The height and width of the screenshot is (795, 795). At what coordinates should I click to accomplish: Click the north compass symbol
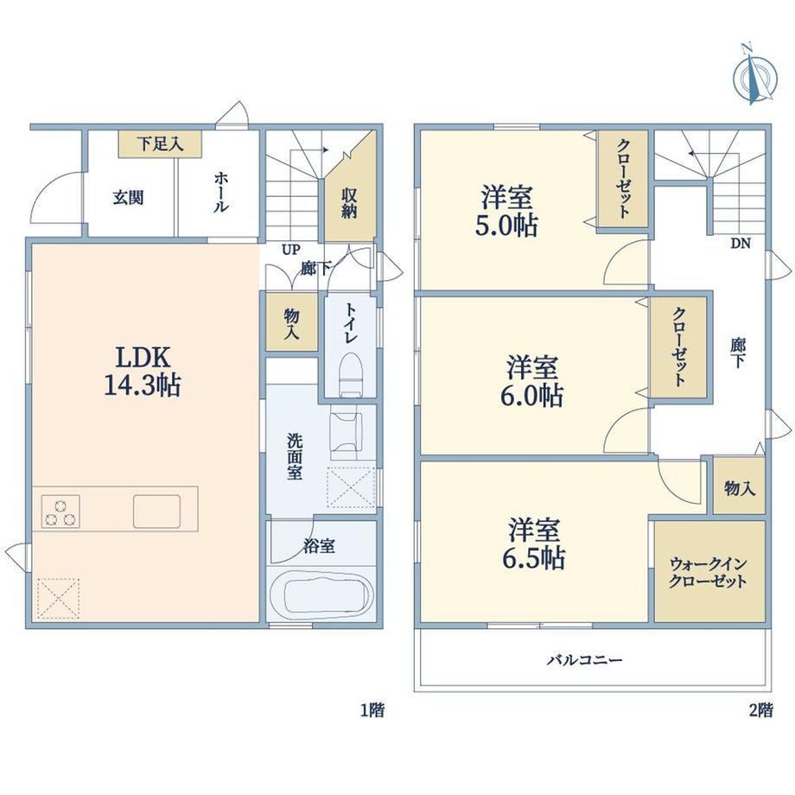pos(754,76)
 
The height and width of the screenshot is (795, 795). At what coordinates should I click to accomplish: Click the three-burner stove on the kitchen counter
pos(60,512)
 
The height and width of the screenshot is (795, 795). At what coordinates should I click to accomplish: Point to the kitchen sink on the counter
pos(156,511)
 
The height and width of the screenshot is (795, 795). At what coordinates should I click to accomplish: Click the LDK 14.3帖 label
pos(143,371)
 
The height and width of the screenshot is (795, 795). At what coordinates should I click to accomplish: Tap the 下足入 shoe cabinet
pos(160,144)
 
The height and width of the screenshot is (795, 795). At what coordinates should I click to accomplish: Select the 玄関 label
pos(128,197)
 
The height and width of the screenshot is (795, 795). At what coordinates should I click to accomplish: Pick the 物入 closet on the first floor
pos(292,322)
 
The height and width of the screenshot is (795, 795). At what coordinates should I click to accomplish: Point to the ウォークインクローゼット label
pos(708,572)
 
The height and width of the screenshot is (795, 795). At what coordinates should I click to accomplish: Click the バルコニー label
pos(585,660)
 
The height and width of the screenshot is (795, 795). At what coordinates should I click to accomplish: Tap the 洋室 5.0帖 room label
pos(506,212)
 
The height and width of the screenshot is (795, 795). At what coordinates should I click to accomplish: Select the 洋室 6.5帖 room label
pos(534,544)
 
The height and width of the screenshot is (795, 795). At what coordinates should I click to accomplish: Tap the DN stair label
pos(741,244)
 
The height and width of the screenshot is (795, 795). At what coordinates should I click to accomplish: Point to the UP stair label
pos(291,250)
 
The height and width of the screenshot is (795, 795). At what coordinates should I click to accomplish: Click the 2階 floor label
pos(761,710)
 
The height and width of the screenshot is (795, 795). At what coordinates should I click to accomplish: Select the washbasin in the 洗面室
pos(347,431)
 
